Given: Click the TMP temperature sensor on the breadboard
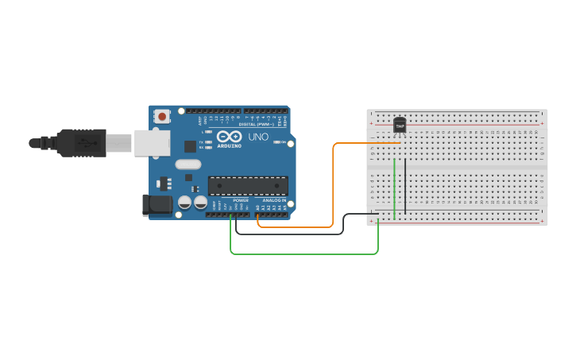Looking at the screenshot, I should coord(400,126).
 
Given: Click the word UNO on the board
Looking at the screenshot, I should coord(259,137).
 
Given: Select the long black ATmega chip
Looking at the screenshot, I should coord(248,185).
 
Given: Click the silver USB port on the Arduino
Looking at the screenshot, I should coord(151,142).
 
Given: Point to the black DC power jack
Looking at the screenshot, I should coord(157,204).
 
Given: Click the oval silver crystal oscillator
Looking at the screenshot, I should coord(188,165).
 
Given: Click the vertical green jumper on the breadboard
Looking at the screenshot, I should coord(395,188).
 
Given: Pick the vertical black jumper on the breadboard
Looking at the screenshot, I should coord(405,186).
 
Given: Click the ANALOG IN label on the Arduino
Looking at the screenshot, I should coord(274,200).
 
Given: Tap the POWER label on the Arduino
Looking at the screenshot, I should coord(241,200).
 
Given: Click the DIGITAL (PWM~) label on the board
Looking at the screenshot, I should coord(257,124).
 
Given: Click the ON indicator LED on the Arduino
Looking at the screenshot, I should coord(279,142).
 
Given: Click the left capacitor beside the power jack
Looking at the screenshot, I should coord(184,203).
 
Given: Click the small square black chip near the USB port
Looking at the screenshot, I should coord(190,146).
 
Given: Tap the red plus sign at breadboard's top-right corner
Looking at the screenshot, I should coord(542,123).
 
